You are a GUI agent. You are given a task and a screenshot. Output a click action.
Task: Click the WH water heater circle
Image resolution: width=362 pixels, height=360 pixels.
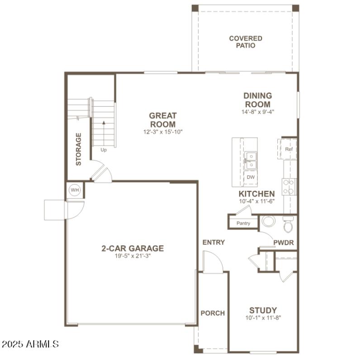[74, 190]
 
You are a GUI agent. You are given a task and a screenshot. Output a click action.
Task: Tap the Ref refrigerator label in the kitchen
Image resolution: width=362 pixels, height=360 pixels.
[289, 149]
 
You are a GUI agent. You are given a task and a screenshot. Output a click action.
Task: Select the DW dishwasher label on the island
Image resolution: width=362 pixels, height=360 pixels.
[250, 177]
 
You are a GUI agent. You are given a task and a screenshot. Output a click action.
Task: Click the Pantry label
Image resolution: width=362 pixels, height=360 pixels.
[243, 223]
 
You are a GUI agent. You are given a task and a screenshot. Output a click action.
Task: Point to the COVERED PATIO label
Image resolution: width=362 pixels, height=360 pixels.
[245, 42]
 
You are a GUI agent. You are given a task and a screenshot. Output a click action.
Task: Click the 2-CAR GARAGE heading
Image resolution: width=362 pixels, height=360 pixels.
[132, 248]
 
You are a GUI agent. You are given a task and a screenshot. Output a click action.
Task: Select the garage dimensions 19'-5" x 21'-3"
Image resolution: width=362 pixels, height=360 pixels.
[132, 256]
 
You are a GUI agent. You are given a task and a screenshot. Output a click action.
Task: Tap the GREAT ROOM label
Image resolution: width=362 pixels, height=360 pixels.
[163, 120]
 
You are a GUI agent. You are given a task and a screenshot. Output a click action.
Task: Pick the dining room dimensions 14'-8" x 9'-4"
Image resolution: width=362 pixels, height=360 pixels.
[258, 110]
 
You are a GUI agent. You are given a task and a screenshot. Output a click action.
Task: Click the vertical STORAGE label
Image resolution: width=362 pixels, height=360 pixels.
[79, 149]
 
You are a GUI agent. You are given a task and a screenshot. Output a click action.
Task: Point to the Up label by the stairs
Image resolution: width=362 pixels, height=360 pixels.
[104, 150]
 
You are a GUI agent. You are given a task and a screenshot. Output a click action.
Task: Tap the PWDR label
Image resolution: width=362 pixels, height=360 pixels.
[284, 243]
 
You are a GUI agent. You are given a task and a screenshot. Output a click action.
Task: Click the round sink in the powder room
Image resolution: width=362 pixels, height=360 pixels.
[268, 222]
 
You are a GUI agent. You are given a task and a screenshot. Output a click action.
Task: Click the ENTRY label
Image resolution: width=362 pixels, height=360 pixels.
[214, 242]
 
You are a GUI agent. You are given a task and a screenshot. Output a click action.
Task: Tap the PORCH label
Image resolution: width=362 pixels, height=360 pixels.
[213, 313]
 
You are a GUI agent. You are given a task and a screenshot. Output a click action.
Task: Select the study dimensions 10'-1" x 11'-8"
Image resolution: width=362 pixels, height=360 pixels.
[263, 318]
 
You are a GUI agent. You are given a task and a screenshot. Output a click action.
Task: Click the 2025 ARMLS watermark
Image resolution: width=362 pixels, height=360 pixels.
[30, 344]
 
